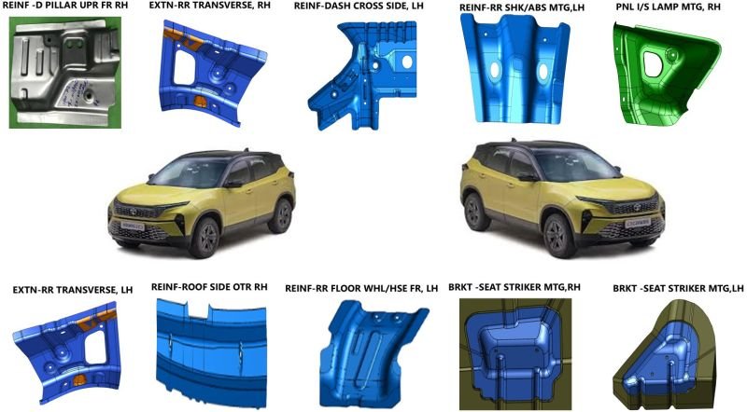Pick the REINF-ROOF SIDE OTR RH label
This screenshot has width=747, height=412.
(209, 287)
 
